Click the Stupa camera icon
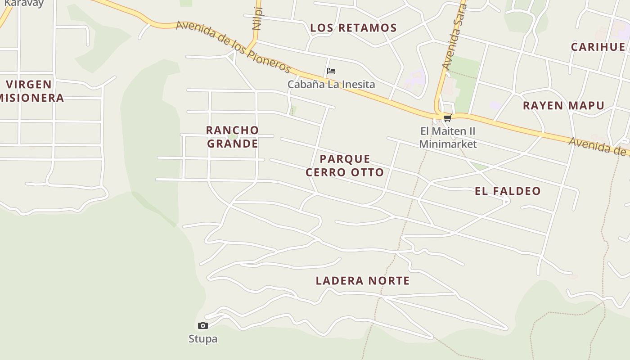(x=203, y=325)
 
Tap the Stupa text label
(x=203, y=339)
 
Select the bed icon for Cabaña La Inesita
(x=331, y=71)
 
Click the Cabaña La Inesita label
(x=331, y=84)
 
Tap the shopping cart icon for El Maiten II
(x=447, y=118)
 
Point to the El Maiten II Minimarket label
(x=448, y=137)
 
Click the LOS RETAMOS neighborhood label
(x=354, y=28)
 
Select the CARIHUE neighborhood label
(x=598, y=47)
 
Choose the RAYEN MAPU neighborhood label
(x=563, y=106)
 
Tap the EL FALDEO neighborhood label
(x=508, y=191)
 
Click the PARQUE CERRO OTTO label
(x=345, y=166)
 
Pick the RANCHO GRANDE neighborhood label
(x=232, y=137)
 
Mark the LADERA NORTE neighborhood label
(x=363, y=281)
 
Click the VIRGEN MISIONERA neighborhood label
(x=31, y=91)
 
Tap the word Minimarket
(x=448, y=144)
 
